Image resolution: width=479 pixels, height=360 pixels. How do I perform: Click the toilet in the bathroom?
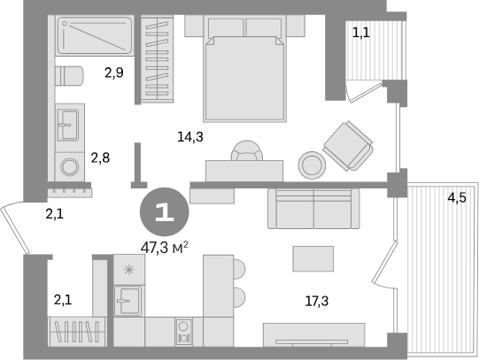[69, 76]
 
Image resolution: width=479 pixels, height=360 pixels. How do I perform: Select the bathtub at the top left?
[95, 35]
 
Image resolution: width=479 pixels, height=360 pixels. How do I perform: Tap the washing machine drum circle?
[70, 167]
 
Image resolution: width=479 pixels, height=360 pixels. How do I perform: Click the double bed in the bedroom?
[244, 69]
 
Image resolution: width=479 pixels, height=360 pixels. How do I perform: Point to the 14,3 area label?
[190, 137]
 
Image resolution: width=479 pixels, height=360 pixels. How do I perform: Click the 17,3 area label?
[317, 301]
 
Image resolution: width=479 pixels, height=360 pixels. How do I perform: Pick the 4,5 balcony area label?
[457, 198]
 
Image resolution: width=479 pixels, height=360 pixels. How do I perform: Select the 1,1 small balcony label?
[361, 33]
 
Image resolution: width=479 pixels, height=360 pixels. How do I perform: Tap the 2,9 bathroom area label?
[114, 73]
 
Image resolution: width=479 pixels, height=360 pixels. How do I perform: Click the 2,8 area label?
[100, 158]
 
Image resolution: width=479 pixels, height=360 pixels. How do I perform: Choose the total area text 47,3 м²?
[164, 248]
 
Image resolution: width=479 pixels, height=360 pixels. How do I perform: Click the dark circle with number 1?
[165, 211]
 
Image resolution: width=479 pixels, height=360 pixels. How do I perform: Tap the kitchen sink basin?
[129, 301]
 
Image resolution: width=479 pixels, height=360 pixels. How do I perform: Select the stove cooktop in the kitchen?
[183, 332]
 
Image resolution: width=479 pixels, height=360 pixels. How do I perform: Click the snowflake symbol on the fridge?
[129, 270]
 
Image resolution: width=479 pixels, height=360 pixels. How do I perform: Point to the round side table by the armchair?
[312, 165]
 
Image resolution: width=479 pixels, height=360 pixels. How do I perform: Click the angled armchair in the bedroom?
[348, 146]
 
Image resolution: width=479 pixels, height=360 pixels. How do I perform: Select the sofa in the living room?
[313, 209]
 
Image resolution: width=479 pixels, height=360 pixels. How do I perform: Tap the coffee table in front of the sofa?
[313, 258]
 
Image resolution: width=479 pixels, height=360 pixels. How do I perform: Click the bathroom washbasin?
[68, 125]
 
